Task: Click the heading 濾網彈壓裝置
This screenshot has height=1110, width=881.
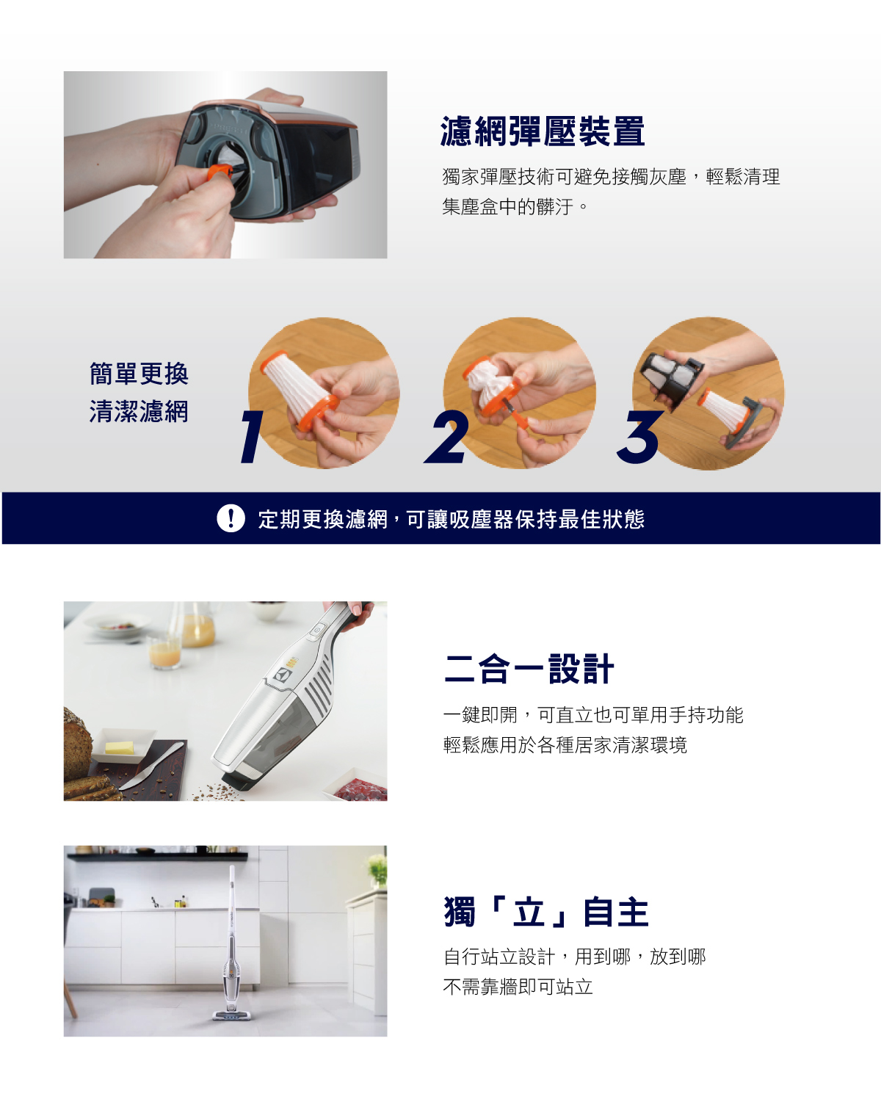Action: click(543, 131)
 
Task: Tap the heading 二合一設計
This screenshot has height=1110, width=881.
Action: click(529, 669)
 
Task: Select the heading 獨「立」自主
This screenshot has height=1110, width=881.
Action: click(546, 913)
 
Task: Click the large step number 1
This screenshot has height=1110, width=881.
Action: click(253, 436)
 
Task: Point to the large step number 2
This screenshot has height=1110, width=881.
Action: click(446, 436)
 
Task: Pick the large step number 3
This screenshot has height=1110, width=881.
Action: click(639, 436)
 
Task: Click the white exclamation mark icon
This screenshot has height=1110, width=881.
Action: click(231, 518)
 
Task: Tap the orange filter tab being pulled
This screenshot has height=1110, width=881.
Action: click(220, 172)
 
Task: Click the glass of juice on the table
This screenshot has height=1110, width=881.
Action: click(164, 653)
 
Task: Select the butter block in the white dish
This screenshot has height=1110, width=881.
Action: click(120, 747)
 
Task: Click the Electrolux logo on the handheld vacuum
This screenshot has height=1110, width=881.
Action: click(283, 675)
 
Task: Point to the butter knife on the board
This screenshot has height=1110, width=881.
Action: click(151, 766)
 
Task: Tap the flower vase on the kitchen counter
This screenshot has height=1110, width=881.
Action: click(377, 871)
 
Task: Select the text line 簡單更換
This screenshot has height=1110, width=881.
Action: click(139, 374)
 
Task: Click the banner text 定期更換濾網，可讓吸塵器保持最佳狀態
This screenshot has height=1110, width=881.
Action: click(452, 519)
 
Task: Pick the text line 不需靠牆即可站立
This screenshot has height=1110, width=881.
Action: click(518, 987)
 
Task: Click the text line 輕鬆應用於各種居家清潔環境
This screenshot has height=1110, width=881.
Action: click(565, 745)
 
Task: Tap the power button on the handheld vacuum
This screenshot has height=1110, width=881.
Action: click(318, 631)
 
